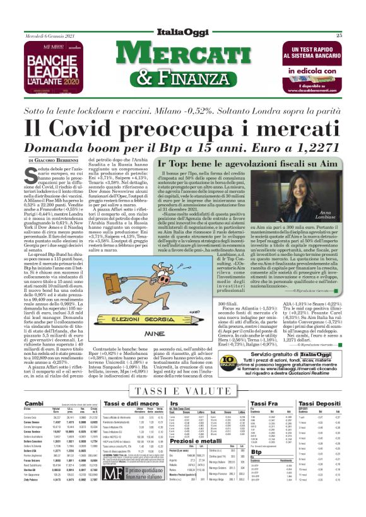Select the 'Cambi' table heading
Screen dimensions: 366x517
click(33, 403)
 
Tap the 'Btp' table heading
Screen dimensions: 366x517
click(256, 469)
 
